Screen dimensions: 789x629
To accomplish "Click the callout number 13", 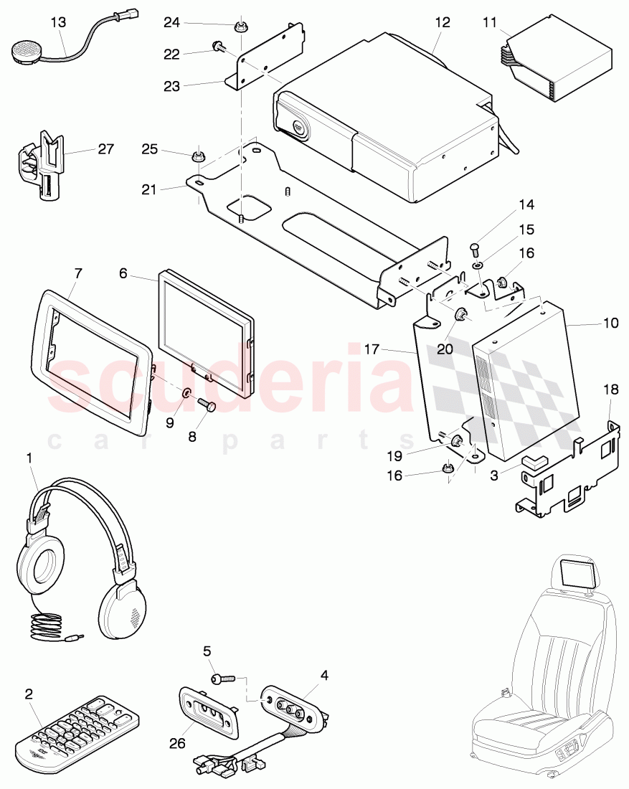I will tap(59, 22).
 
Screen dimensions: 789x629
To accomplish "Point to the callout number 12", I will tap(443, 22).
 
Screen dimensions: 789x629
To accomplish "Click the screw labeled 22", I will tap(217, 47).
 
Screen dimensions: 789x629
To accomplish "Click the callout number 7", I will tap(78, 273).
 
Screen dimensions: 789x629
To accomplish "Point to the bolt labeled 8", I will tap(207, 405).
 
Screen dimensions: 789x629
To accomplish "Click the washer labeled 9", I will tap(185, 393).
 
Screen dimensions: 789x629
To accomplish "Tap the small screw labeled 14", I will tap(473, 249).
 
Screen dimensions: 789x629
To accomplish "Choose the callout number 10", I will tap(610, 323).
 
